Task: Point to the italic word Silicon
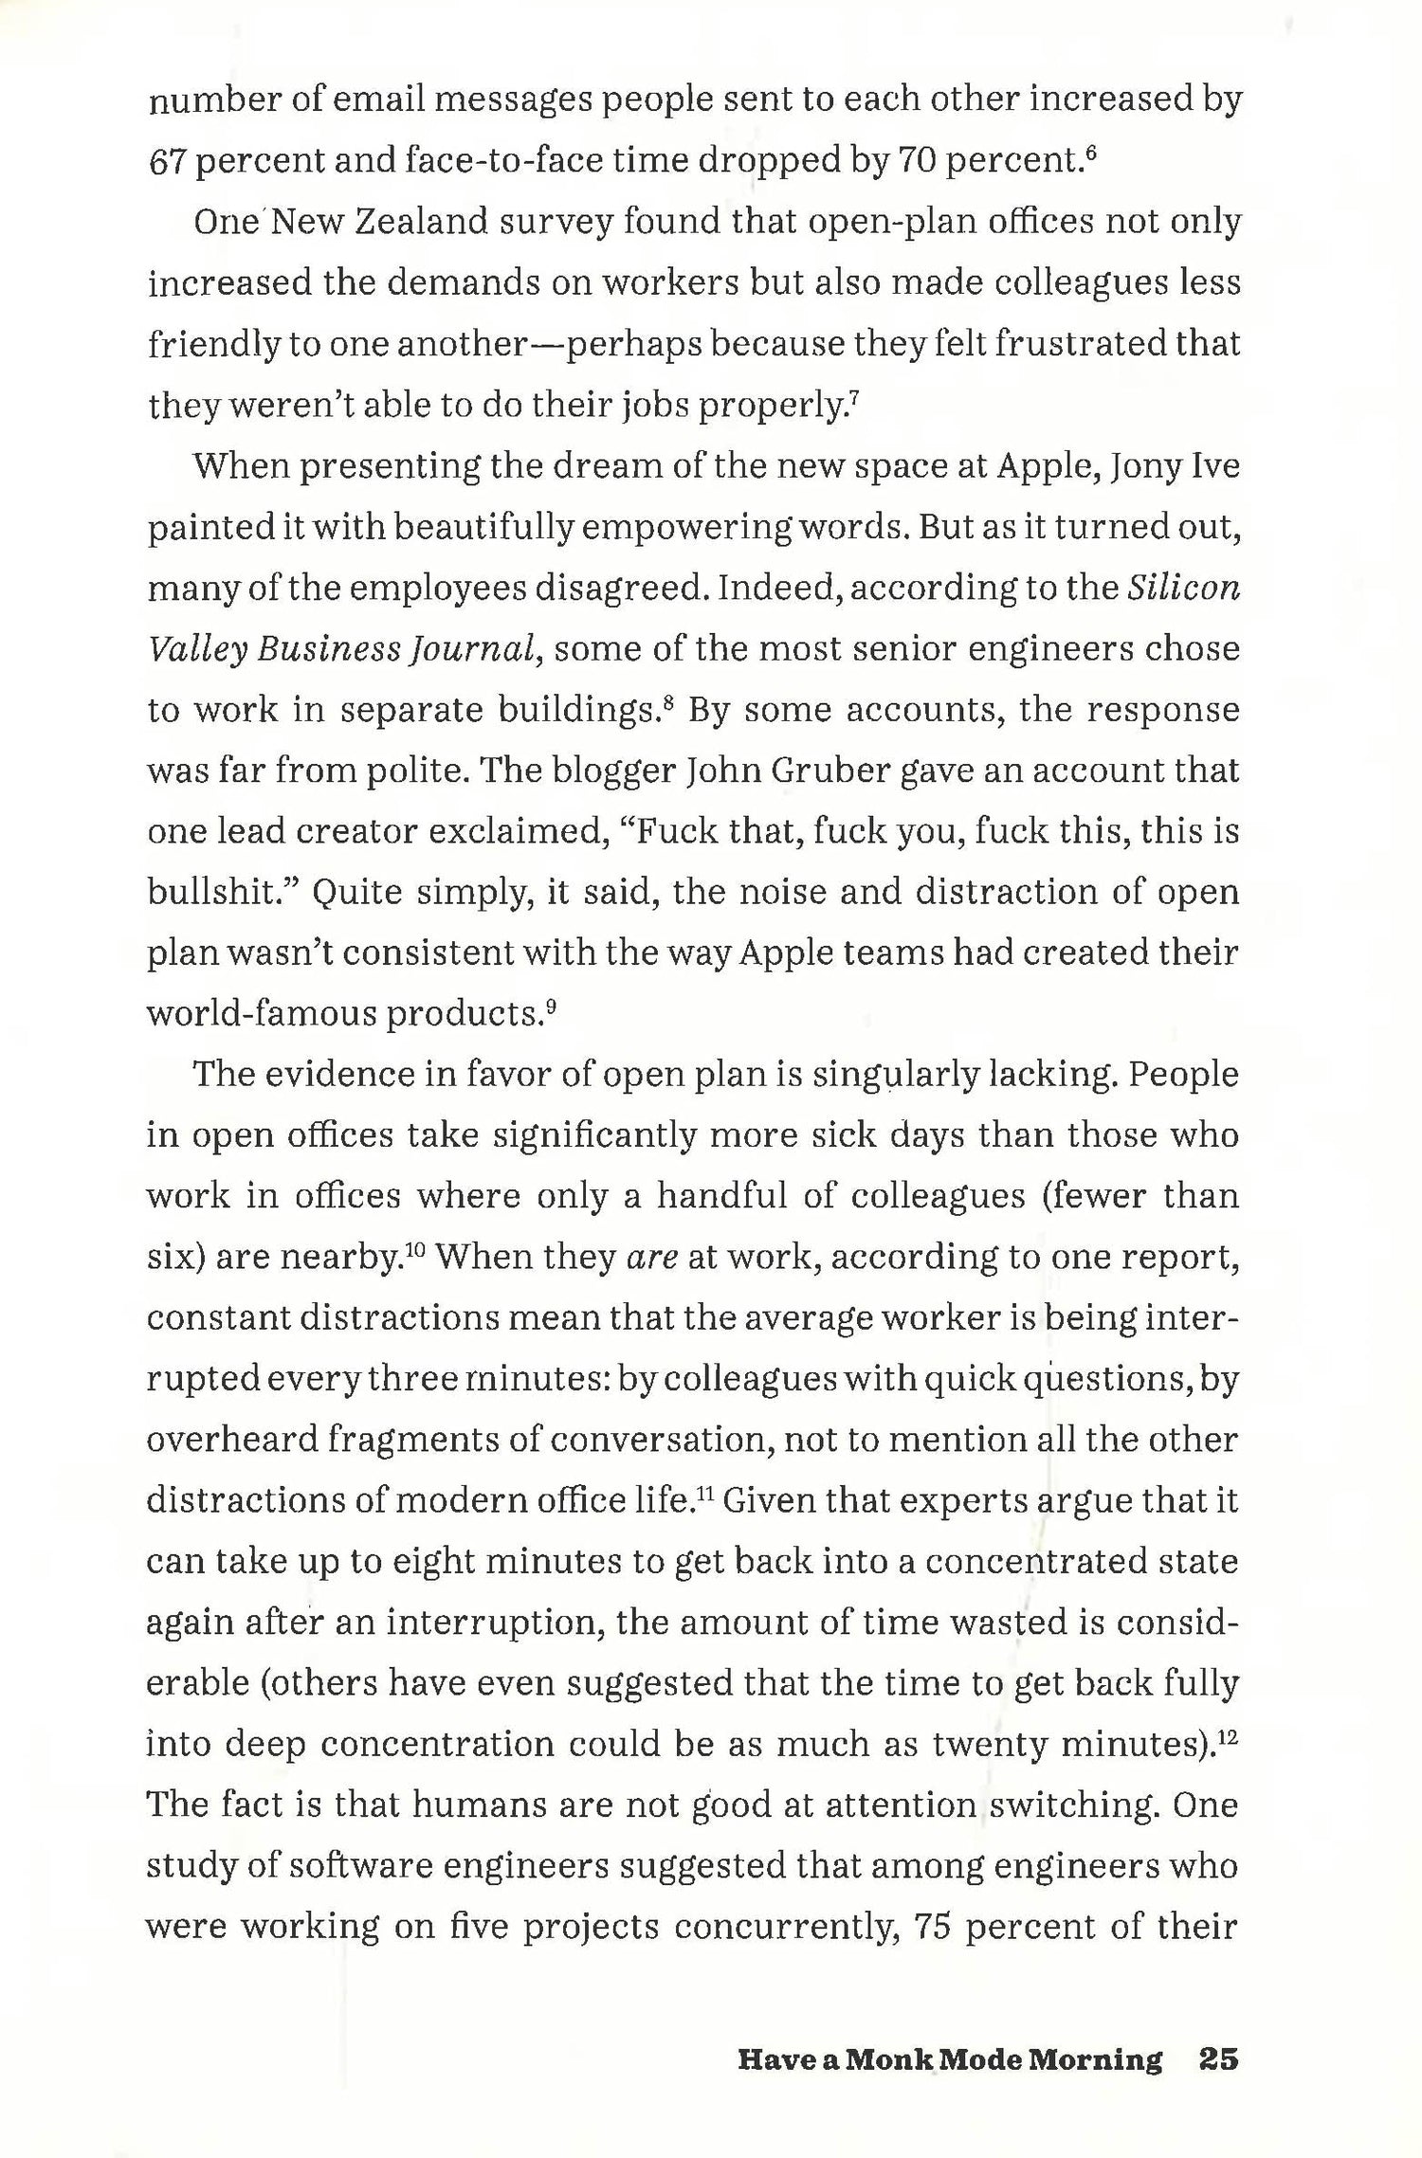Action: (1184, 589)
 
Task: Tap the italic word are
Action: (652, 1259)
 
